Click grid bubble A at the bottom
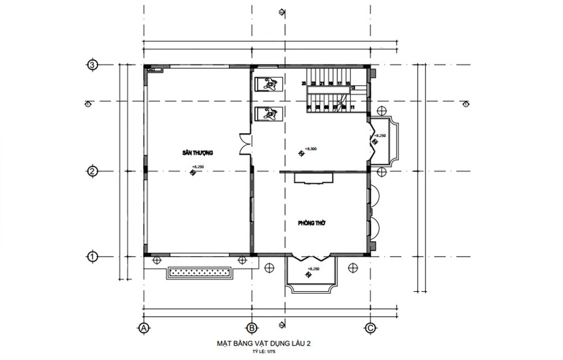143,327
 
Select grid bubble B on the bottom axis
251,327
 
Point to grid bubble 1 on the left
92,257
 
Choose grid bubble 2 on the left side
92,171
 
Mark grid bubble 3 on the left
92,64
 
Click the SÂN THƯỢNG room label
198,153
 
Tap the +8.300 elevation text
311,149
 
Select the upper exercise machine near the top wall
270,83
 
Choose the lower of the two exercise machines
270,114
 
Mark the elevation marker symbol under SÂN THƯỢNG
193,173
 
